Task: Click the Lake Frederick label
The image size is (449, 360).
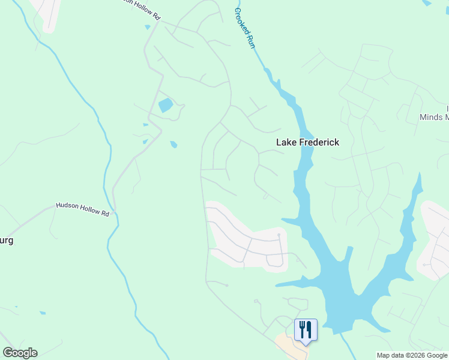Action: coord(307,142)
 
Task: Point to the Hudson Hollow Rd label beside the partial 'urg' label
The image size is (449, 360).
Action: coord(83,208)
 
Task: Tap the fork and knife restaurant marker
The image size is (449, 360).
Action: coord(306,330)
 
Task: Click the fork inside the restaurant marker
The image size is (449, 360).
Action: coord(302,329)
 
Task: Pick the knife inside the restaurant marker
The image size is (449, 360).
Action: coord(309,329)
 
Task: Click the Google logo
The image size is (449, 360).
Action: coord(20,353)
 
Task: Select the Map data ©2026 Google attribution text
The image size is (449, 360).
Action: coord(412,355)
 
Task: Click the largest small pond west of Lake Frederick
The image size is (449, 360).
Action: coord(165,106)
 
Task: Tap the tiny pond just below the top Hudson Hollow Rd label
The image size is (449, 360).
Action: coord(148,27)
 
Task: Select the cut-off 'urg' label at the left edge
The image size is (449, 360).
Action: coord(6,241)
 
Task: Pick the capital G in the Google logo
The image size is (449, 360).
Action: coord(8,353)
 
